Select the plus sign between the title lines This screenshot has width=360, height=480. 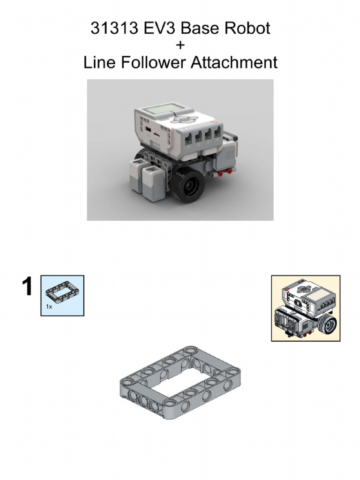pyautogui.click(x=180, y=45)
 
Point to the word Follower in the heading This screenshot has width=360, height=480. pyautogui.click(x=154, y=62)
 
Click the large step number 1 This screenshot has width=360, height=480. pyautogui.click(x=28, y=287)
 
